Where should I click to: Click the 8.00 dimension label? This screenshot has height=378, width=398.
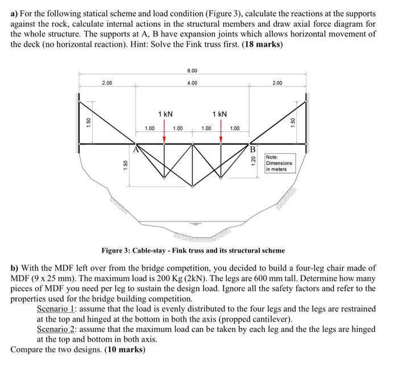point(192,70)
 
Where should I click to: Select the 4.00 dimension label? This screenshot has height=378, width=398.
point(192,83)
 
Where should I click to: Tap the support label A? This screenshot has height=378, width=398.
point(136,150)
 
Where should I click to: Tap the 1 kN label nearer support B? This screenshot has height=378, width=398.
point(219,114)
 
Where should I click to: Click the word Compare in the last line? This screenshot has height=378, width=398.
point(28,349)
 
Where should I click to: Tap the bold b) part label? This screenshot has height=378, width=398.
point(15,267)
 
